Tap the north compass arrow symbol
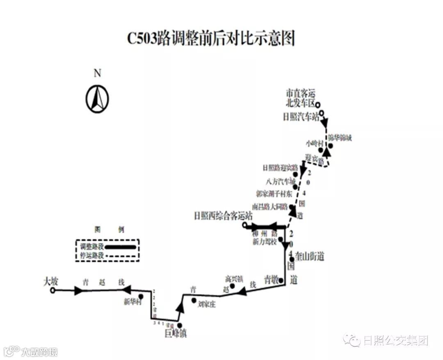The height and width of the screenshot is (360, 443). (97, 99)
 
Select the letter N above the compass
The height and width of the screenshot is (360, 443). (97, 73)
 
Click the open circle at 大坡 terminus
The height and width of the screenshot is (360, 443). (53, 291)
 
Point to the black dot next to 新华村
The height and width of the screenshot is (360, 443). (141, 296)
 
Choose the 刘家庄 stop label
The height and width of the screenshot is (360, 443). (207, 304)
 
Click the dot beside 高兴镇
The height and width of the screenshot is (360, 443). (232, 286)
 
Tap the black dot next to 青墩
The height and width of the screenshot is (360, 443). (281, 281)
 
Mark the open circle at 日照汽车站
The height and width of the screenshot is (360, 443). (322, 114)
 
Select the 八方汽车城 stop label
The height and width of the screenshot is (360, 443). (281, 181)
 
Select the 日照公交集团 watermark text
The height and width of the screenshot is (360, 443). (395, 340)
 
